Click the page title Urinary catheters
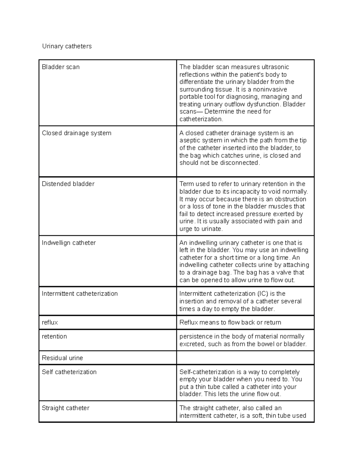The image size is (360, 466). click(x=67, y=46)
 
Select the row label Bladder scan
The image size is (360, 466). click(x=61, y=67)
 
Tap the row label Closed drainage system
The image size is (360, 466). click(x=76, y=133)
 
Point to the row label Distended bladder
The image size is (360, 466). click(x=68, y=184)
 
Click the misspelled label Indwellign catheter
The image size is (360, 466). click(x=69, y=243)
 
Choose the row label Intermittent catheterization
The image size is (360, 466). click(x=79, y=294)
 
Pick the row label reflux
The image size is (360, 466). click(x=50, y=323)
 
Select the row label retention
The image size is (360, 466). click(x=54, y=336)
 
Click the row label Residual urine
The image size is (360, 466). click(x=62, y=358)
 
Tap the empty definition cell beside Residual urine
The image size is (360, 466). click(x=245, y=358)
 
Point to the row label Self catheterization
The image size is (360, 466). click(x=69, y=372)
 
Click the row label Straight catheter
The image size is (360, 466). click(x=65, y=408)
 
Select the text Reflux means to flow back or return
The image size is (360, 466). click(x=230, y=323)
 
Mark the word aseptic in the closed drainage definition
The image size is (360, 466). click(x=190, y=140)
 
